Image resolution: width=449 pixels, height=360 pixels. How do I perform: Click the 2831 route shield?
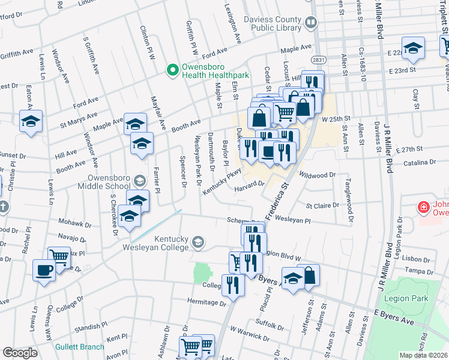pyautogui.click(x=318, y=60)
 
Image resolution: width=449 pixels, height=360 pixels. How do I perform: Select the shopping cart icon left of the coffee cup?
pyautogui.click(x=59, y=257)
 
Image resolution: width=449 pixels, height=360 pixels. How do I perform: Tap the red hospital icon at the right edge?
pyautogui.click(x=424, y=207)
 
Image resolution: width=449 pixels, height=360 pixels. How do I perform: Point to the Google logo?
pyautogui.click(x=19, y=353)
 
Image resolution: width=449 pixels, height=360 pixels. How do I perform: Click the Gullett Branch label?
pyautogui.click(x=80, y=347)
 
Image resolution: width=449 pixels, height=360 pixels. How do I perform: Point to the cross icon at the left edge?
pyautogui.click(x=3, y=208)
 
